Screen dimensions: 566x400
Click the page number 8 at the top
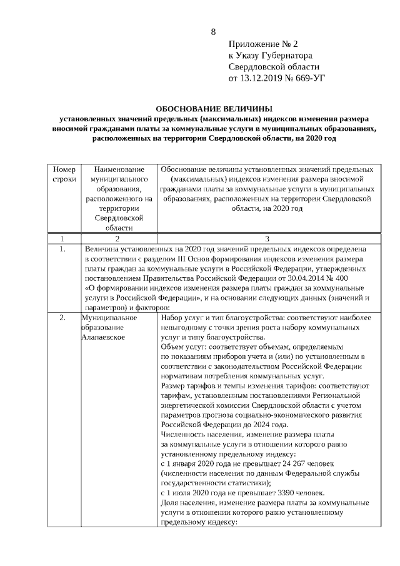[213, 32]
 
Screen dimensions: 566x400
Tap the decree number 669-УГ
[309, 78]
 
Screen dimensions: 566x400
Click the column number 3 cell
[267, 238]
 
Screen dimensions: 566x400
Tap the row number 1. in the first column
[62, 248]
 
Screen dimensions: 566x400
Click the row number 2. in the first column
[62, 318]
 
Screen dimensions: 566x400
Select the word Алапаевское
[104, 337]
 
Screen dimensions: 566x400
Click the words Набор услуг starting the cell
[181, 318]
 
